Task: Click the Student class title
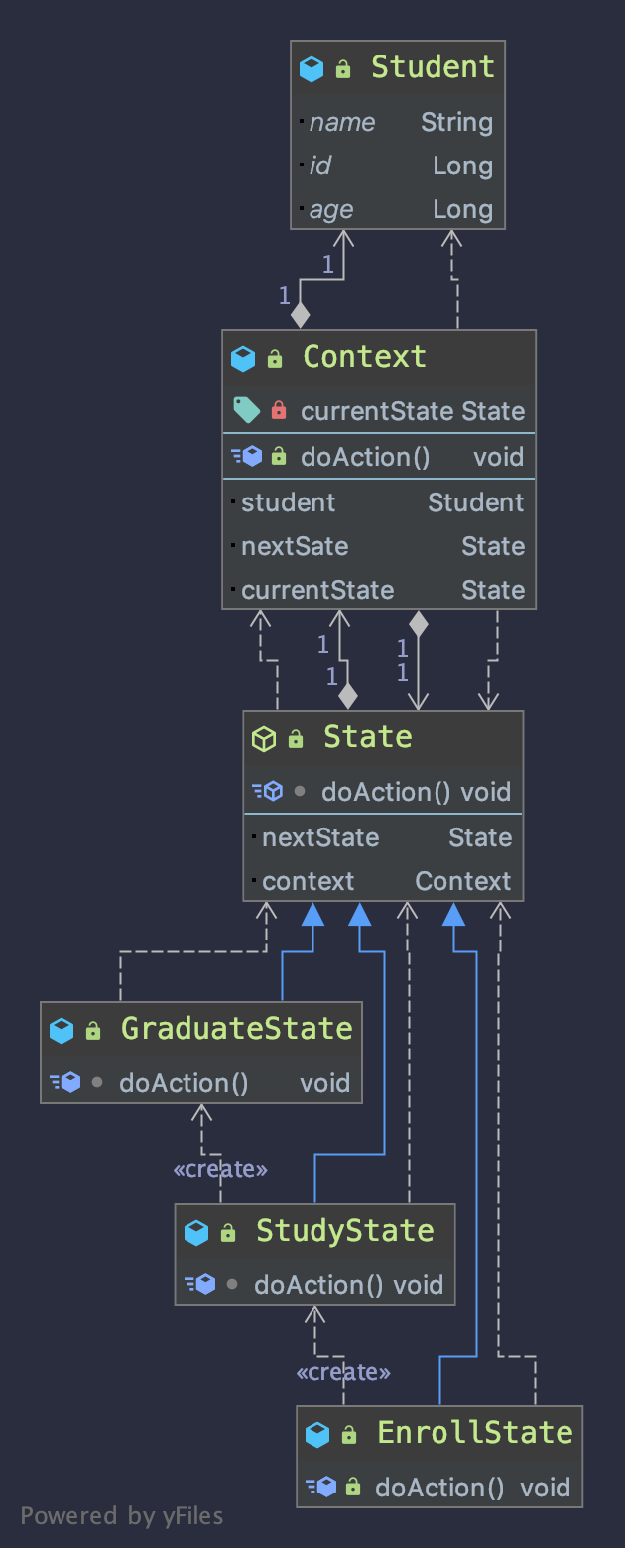pyautogui.click(x=432, y=67)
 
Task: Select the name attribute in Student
pyautogui.click(x=342, y=123)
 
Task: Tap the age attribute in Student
pyautogui.click(x=331, y=210)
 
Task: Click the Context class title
pyautogui.click(x=364, y=357)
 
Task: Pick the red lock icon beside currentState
pyautogui.click(x=279, y=411)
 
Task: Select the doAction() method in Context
pyautogui.click(x=364, y=457)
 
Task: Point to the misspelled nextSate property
pyautogui.click(x=295, y=547)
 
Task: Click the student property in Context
pyautogui.click(x=289, y=503)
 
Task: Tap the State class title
pyautogui.click(x=367, y=737)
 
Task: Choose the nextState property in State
pyautogui.click(x=320, y=838)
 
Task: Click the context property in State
pyautogui.click(x=308, y=882)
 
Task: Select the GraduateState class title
pyautogui.click(x=236, y=1029)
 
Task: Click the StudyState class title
pyautogui.click(x=344, y=1231)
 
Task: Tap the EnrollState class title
pyautogui.click(x=474, y=1433)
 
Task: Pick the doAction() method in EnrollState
pyautogui.click(x=438, y=1488)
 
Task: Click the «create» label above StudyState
pyautogui.click(x=220, y=1170)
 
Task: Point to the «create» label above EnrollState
pyautogui.click(x=343, y=1373)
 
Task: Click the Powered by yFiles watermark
pyautogui.click(x=122, y=1516)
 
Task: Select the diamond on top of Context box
pyautogui.click(x=300, y=316)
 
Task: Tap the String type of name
pyautogui.click(x=456, y=123)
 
